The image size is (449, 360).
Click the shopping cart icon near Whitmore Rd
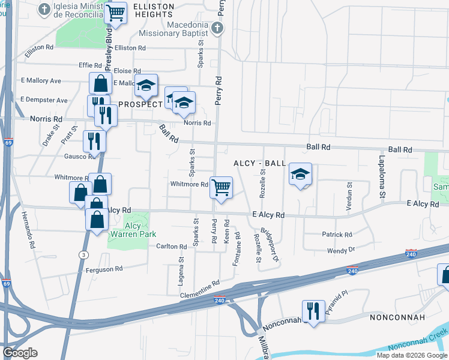point(221,187)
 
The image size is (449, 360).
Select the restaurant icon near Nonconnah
point(313,311)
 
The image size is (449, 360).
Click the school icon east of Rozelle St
point(300,175)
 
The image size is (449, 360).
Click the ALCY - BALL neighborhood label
point(259,163)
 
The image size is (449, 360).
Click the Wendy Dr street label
point(341,250)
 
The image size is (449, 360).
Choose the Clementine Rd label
point(199,274)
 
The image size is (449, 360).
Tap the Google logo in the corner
point(20,352)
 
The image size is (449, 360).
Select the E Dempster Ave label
point(44,100)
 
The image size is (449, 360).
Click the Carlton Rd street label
point(172,247)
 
